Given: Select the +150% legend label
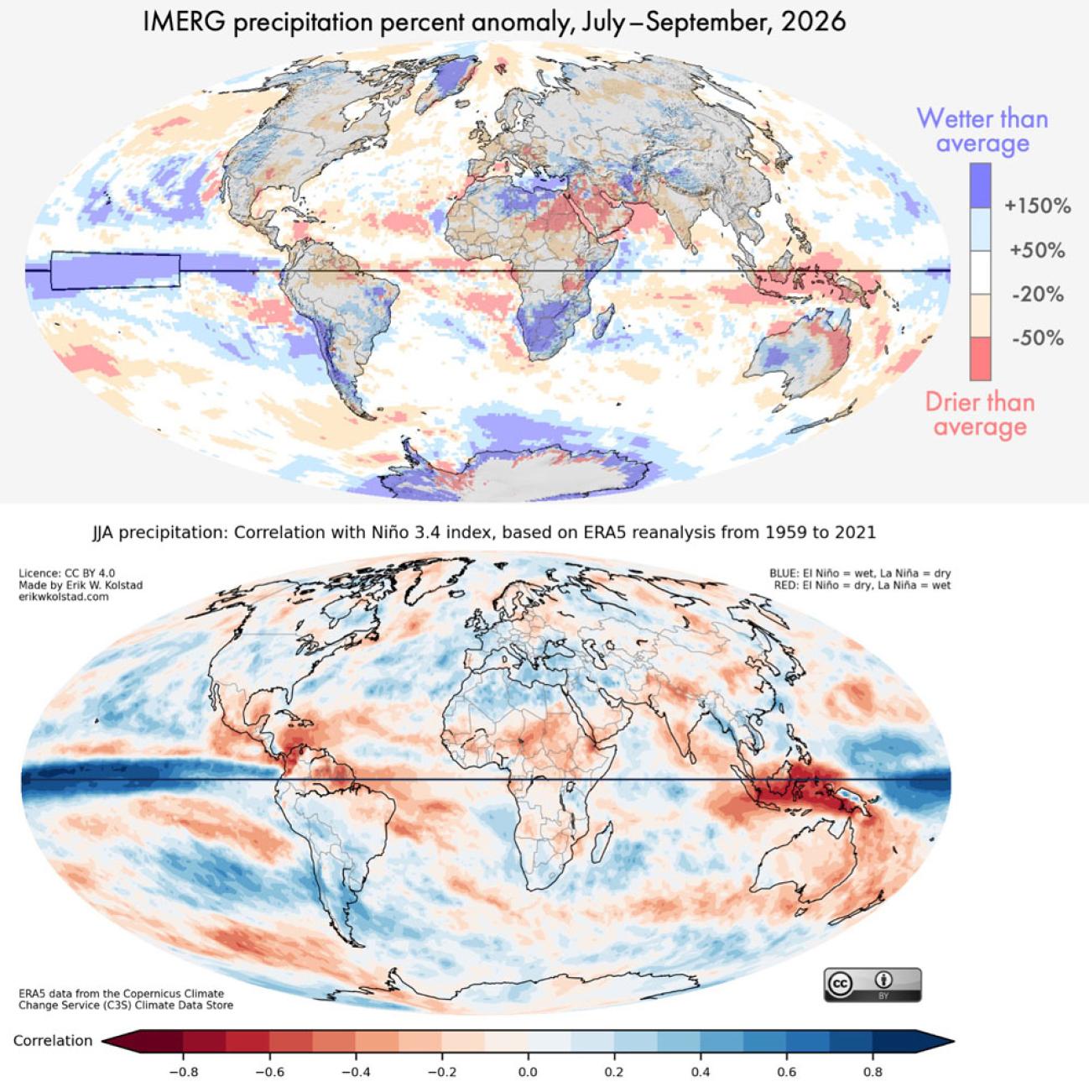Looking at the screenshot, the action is pos(1038,206).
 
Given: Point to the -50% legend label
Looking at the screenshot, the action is pos(1038,338).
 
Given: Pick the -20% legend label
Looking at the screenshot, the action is pos(1038,294).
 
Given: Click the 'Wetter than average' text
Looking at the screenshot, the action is pos(982,131).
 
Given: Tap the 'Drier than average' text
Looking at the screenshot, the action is pos(980,415).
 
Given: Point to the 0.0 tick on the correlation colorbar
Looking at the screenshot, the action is pos(528,1072).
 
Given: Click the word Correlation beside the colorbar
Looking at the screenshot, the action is pos(53,1040).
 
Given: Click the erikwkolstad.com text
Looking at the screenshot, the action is pos(63,596).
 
